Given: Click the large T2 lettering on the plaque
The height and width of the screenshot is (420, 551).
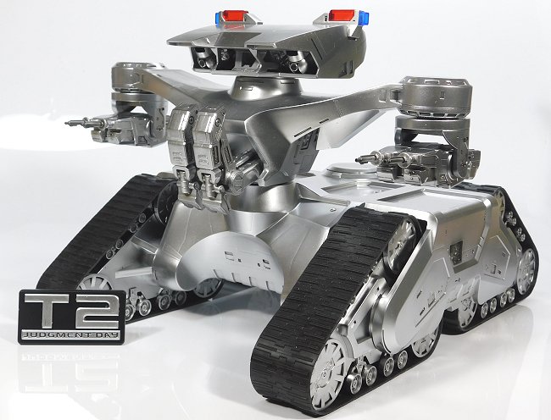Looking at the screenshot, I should (72, 308).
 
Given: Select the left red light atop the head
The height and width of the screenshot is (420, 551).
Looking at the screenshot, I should (234, 15).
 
